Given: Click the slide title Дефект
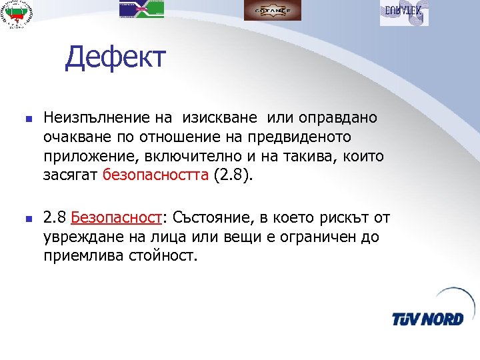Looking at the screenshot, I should pos(114,59).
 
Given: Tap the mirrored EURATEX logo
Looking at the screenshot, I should pos(404,12).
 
